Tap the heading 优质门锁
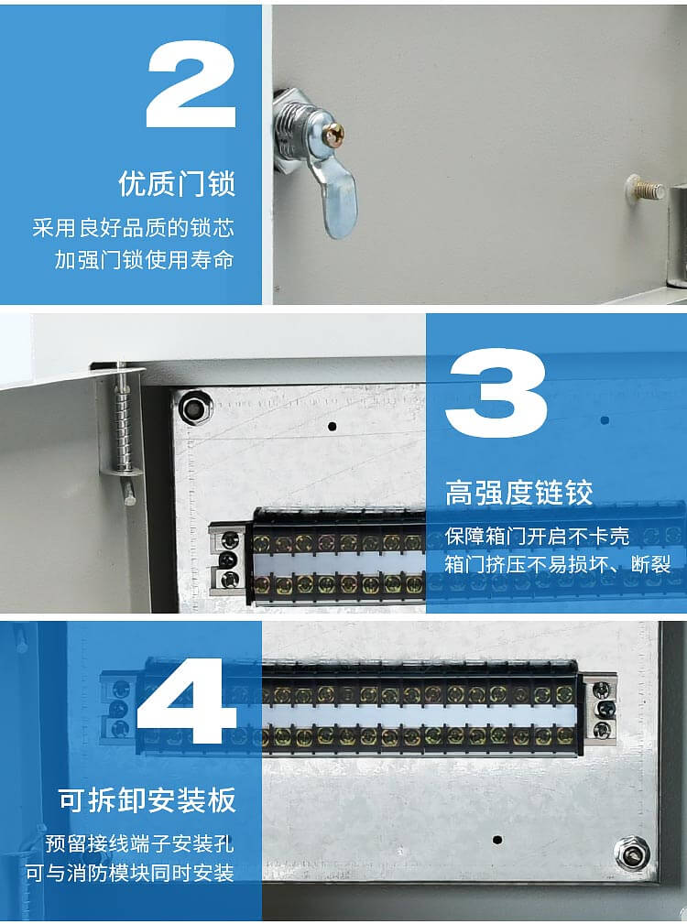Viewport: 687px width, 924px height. (177, 183)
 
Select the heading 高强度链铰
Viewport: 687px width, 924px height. (519, 493)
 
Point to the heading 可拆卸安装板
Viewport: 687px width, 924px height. (147, 799)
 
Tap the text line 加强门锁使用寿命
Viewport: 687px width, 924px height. (144, 259)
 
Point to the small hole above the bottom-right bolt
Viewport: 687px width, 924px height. (497, 839)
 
